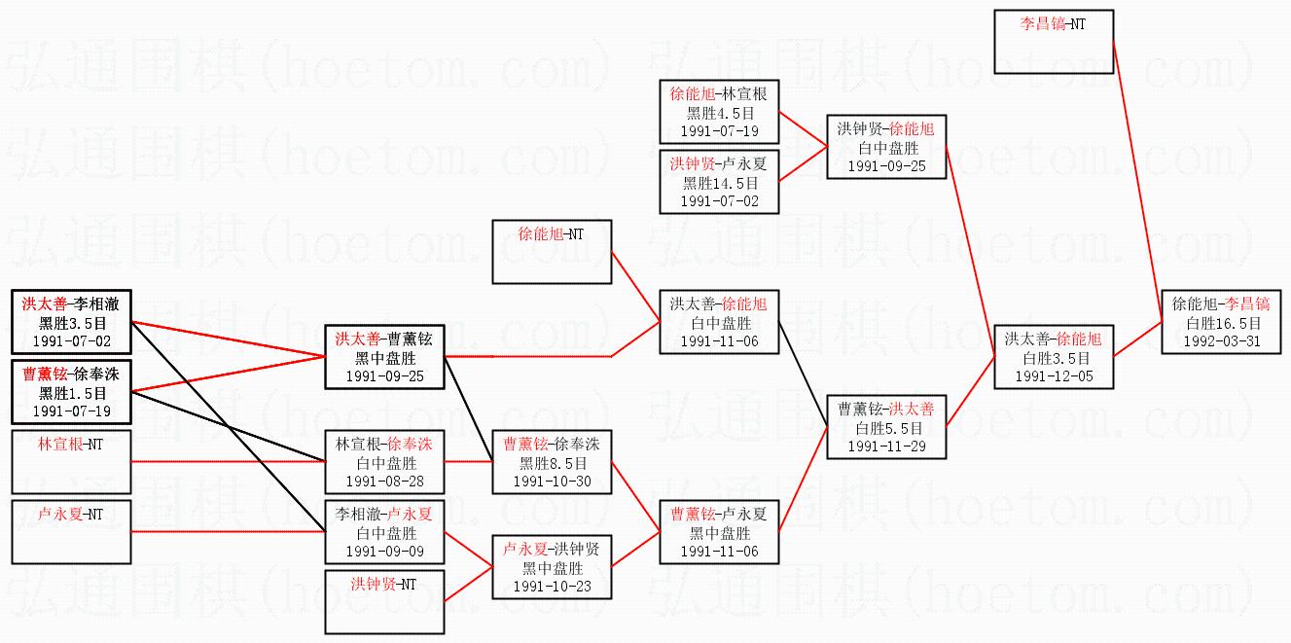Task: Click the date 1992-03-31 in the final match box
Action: pos(1222,341)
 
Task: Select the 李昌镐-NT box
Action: pos(1054,41)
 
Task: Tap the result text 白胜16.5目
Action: pos(1222,323)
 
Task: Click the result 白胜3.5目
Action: pos(1054,358)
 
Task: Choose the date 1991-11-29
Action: pos(886,446)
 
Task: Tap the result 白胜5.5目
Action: pos(886,427)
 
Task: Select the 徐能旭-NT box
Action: pos(552,251)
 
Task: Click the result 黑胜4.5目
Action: pos(719,113)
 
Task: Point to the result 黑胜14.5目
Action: pos(719,183)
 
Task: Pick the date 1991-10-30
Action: pos(552,481)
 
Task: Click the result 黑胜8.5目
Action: pos(552,462)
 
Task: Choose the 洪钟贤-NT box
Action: pos(384,601)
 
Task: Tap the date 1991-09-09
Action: pos(384,552)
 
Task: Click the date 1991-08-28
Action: pos(384,482)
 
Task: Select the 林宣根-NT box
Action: pos(71,461)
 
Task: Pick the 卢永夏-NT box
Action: pos(71,531)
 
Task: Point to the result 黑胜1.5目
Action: pos(72,393)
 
